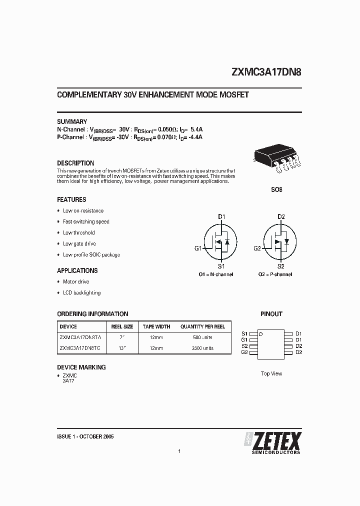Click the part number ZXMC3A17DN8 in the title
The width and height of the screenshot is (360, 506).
[x=266, y=71]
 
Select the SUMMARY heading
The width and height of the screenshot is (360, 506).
[x=72, y=121]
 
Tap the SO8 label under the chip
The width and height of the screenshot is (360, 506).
[x=276, y=190]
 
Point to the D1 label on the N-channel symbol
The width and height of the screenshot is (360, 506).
[x=221, y=216]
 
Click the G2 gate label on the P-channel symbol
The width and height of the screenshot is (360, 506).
[x=257, y=248]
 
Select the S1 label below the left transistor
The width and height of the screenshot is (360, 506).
[x=221, y=266]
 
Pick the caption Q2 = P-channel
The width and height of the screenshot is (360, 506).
[x=275, y=274]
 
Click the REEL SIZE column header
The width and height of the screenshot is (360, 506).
[x=121, y=326]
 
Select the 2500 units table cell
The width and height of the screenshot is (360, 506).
[x=203, y=348]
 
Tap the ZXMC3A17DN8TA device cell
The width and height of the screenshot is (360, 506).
[x=79, y=337]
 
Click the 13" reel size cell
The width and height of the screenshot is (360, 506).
[x=121, y=348]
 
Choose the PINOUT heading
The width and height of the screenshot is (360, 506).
[x=271, y=314]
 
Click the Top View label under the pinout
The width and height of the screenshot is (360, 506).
[x=271, y=373]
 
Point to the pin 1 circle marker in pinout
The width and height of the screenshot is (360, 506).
[x=260, y=333]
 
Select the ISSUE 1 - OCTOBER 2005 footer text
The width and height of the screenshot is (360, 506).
[x=85, y=436]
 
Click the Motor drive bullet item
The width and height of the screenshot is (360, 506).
[x=76, y=282]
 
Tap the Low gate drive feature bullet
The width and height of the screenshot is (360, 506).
[x=79, y=244]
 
